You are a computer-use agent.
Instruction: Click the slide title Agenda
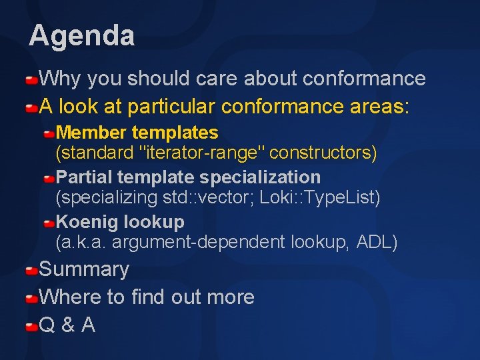(81, 35)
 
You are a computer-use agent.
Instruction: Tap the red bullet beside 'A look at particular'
(31, 107)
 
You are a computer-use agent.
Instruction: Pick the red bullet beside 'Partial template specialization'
(49, 179)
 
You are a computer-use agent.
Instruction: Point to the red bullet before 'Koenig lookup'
(49, 223)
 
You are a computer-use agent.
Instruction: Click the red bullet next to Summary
(31, 271)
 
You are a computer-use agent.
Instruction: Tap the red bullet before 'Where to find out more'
(31, 299)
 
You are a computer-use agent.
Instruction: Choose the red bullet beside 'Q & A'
(31, 327)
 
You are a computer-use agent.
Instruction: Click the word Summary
(84, 270)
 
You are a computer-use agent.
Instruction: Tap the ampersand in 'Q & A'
(67, 325)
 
